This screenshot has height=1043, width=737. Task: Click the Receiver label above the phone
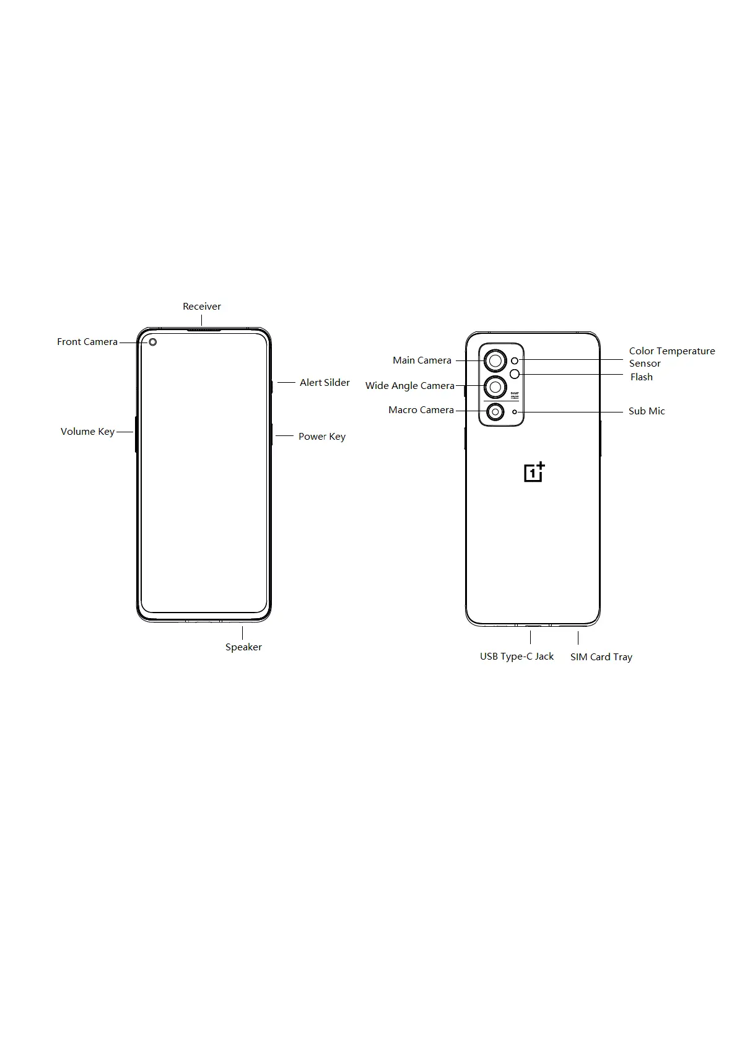[201, 307]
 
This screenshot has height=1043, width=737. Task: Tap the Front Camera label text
[87, 342]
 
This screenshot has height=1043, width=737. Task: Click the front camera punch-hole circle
[152, 342]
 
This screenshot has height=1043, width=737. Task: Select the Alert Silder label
[325, 383]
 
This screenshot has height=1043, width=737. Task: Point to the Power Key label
[321, 437]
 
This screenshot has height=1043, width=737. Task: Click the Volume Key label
[87, 432]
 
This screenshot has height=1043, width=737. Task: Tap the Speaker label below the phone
[243, 647]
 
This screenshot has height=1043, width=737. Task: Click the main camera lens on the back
[495, 360]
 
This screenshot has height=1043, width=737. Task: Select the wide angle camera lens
[495, 387]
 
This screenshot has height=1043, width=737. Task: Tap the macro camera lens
[494, 412]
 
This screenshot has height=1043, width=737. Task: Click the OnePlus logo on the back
[534, 472]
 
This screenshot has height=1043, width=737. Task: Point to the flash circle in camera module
[514, 373]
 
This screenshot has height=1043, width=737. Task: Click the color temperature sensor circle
[514, 360]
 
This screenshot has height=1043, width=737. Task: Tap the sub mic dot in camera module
[514, 412]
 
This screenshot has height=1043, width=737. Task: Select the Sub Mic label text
[647, 411]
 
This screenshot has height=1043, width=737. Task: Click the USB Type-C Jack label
[517, 657]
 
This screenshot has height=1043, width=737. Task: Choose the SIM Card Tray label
[601, 657]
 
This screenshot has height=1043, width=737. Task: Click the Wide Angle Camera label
[409, 386]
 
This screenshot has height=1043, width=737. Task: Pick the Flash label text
[641, 377]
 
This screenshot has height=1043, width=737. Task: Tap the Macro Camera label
[421, 410]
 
